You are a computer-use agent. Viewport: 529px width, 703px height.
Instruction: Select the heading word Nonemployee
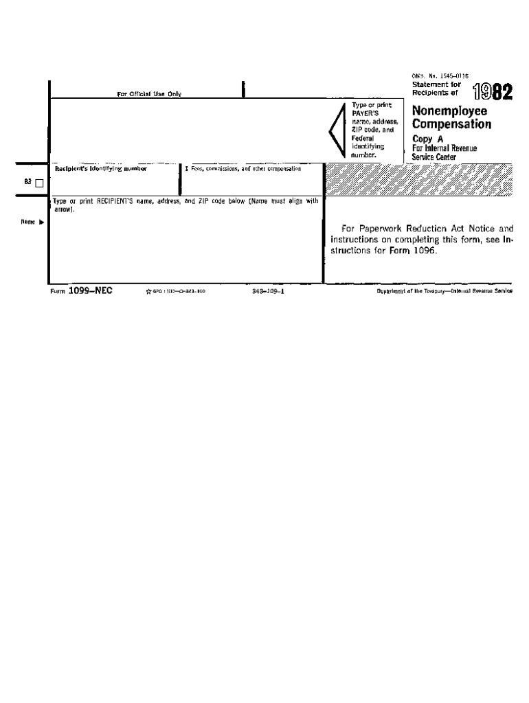click(x=449, y=111)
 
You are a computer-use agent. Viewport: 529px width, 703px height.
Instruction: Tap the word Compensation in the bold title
click(x=451, y=124)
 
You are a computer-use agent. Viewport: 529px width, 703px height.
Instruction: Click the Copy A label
click(x=427, y=139)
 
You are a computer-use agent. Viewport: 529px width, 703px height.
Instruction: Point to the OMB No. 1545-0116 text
click(x=440, y=76)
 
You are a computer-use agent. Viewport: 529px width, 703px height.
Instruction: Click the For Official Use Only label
click(x=149, y=94)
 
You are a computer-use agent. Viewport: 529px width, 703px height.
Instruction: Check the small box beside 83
click(x=38, y=183)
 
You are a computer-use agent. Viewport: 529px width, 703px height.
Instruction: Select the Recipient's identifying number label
click(x=100, y=168)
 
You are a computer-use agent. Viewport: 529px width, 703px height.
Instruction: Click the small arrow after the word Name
click(x=41, y=222)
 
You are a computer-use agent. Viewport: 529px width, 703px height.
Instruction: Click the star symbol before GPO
click(x=148, y=292)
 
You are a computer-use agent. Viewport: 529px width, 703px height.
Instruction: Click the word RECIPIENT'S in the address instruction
click(x=118, y=201)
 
